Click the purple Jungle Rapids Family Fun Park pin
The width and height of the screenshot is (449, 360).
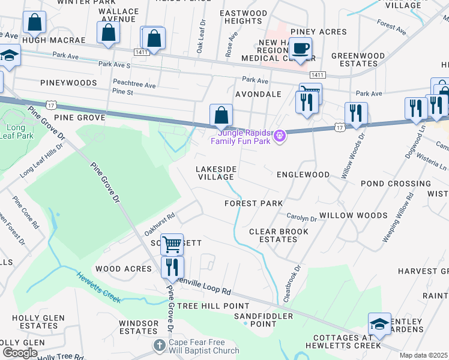279,136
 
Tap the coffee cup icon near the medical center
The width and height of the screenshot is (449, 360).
302,48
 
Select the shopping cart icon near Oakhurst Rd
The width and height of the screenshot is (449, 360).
172,244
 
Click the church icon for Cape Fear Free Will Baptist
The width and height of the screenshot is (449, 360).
158,345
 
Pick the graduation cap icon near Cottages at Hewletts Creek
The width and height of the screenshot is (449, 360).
379,324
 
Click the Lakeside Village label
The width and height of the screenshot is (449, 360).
215,173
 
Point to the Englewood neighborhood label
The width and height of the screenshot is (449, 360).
303,175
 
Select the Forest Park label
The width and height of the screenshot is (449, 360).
253,203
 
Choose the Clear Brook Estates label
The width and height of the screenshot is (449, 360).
279,235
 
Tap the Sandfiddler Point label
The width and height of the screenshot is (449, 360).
263,320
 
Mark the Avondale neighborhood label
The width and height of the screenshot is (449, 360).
258,94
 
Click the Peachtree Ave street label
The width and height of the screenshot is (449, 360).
134,85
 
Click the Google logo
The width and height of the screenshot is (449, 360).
19,353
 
